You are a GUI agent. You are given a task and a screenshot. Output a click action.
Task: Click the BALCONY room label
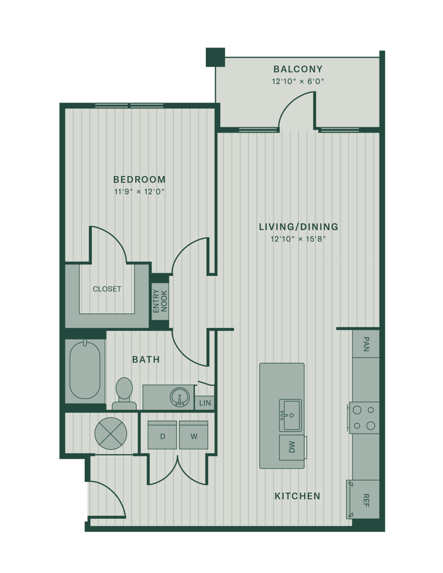(298, 69)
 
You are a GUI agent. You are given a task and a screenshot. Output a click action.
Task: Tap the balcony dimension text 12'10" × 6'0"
(298, 81)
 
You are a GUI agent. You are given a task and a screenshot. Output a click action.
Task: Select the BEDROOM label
(140, 180)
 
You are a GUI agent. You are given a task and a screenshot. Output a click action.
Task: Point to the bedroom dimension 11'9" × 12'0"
(140, 192)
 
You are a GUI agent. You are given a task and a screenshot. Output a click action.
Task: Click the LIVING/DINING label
(298, 227)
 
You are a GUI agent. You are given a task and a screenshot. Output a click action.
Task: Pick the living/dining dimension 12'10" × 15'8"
(298, 239)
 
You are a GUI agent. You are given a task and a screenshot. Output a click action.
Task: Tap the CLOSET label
(107, 289)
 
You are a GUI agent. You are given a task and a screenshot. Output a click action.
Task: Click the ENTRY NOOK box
(160, 302)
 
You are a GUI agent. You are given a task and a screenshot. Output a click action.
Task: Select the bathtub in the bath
(85, 370)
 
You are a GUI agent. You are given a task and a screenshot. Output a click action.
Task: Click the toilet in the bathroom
(124, 394)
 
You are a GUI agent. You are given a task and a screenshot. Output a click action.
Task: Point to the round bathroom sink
(180, 397)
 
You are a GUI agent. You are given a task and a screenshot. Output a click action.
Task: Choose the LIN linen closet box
(205, 403)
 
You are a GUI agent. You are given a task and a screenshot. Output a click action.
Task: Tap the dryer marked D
(162, 435)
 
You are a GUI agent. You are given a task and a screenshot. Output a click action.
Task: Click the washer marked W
(194, 435)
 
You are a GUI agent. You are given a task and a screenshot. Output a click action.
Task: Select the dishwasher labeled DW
(292, 447)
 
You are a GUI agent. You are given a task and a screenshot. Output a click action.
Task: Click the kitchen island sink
(290, 415)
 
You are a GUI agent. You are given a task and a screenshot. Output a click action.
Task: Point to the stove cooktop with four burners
(364, 418)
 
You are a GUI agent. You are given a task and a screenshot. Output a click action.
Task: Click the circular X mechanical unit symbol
(111, 434)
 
